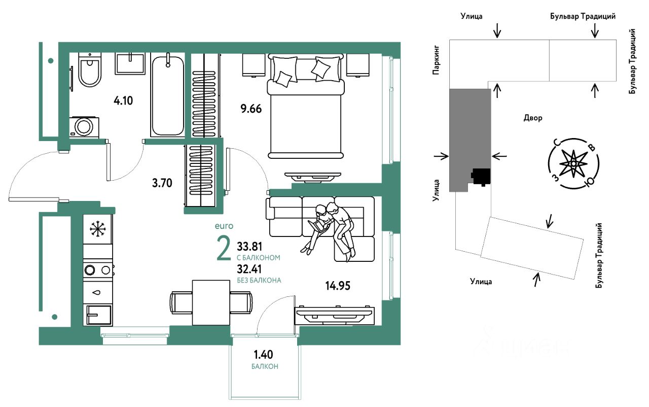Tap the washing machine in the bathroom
pos(84,127)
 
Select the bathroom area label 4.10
pos(123,100)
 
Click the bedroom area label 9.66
pos(251,109)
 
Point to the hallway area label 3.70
pos(162,183)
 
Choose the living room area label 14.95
pos(338,286)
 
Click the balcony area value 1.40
pos(263,355)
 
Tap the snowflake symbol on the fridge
pos(98,229)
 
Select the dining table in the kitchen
pos(211,302)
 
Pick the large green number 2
pos(224,249)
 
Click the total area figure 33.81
pos(249,247)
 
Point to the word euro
pos(224,226)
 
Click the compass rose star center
pos(573,164)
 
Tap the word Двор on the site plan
pos(533,118)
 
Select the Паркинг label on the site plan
pos(436,60)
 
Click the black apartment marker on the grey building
pos(481,177)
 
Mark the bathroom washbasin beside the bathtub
pos(130,64)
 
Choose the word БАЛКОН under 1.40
pos(265,366)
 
